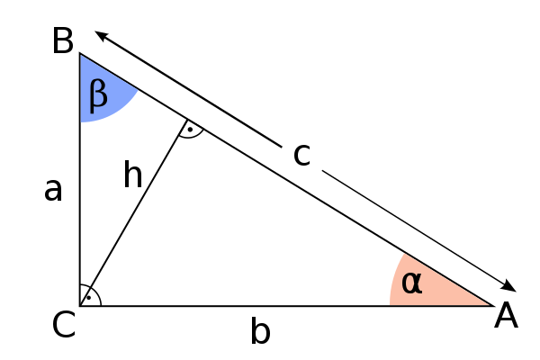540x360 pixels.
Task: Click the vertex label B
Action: [63, 41]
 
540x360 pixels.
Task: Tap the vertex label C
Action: [64, 324]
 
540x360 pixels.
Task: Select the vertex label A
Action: [506, 315]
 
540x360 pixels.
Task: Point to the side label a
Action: [53, 190]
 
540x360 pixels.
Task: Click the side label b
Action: [260, 330]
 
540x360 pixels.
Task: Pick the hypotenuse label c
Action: [301, 156]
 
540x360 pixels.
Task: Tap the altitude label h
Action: [132, 174]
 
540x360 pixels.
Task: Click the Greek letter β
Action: [98, 95]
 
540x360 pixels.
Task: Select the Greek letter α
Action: [411, 283]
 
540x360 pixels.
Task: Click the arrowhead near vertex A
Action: [508, 286]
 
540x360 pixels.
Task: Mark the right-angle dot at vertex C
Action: [89, 298]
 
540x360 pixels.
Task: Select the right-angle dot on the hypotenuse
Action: [190, 130]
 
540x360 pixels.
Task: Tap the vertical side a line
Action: [80, 179]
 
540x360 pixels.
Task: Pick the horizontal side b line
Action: [286, 306]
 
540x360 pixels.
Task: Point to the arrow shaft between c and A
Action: [412, 228]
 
